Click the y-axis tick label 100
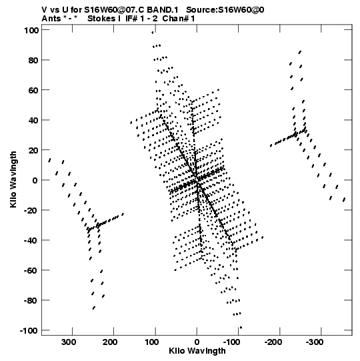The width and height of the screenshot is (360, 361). tap(31, 30)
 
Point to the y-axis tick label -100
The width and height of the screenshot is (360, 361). tap(29, 330)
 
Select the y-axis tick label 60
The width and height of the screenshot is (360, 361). tap(33, 90)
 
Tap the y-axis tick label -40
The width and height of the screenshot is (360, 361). tap(31, 240)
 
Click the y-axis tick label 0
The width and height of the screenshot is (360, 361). tap(35, 180)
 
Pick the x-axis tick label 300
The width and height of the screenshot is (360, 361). tap(69, 342)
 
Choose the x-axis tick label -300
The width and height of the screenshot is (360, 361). tap(315, 342)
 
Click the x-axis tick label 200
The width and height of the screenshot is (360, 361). tap(110, 342)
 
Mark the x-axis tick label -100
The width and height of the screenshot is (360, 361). tap(231, 342)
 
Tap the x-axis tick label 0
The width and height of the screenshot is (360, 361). tap(197, 342)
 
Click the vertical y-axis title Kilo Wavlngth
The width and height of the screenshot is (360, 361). tap(13, 179)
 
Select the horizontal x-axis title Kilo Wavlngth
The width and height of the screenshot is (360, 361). tap(197, 351)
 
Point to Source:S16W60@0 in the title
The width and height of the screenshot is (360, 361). tap(225, 10)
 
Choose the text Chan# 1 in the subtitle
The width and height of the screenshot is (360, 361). tap(179, 19)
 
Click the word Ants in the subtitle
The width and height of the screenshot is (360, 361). tap(51, 19)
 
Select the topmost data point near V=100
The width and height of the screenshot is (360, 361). tap(152, 33)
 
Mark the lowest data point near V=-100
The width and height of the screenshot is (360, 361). tap(241, 328)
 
